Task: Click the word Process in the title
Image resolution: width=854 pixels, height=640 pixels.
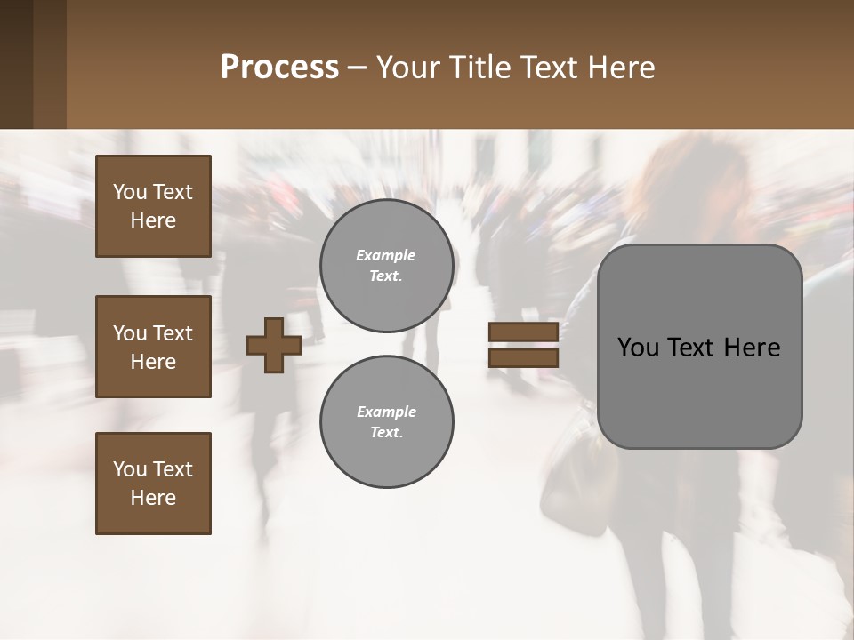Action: click(x=279, y=68)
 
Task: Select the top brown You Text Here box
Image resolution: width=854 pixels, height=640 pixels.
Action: click(x=153, y=206)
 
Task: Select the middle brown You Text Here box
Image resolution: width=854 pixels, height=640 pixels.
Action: click(x=153, y=347)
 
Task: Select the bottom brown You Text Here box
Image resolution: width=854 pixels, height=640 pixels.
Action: click(x=153, y=484)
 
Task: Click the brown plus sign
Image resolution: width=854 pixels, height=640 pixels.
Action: click(x=273, y=345)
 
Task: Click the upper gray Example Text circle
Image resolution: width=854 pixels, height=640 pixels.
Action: click(x=386, y=266)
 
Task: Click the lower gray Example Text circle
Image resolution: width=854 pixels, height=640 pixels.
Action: click(x=386, y=422)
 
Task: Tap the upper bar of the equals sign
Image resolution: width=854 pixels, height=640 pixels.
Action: click(x=523, y=332)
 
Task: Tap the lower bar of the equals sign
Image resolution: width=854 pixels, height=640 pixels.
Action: click(x=523, y=357)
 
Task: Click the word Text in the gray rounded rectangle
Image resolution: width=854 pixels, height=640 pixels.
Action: click(x=693, y=348)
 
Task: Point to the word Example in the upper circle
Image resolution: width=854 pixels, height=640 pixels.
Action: click(x=385, y=255)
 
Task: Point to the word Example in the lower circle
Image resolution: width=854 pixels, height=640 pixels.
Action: click(x=386, y=412)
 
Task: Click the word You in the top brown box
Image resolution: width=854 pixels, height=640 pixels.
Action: click(x=129, y=192)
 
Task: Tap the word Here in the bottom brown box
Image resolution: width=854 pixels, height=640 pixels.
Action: click(x=153, y=498)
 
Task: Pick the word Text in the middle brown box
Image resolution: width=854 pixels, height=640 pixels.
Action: click(x=173, y=333)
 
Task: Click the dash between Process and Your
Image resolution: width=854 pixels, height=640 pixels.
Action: click(x=358, y=68)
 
